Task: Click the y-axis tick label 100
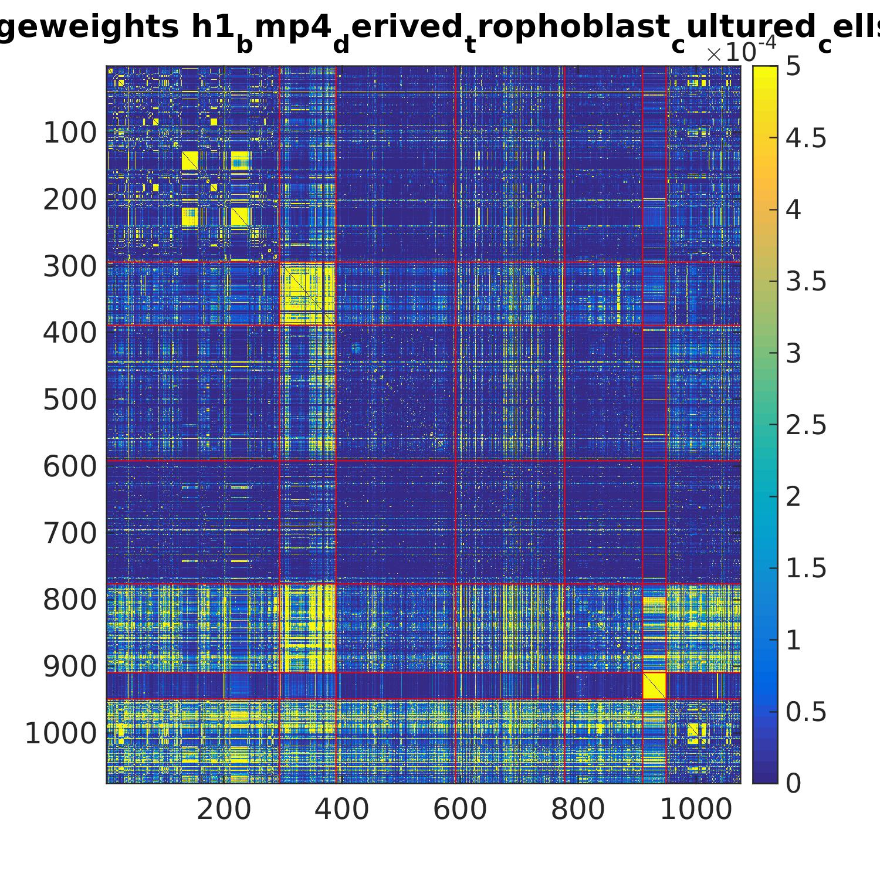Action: coord(70,134)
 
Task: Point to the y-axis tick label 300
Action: coord(70,267)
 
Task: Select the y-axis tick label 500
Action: coord(70,400)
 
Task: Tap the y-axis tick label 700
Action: coord(70,533)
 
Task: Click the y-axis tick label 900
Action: coord(70,666)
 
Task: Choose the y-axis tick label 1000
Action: coord(60,733)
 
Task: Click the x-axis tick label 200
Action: coord(224,810)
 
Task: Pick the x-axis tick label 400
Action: coord(341,810)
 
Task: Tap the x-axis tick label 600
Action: coord(460,810)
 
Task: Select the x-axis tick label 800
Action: coord(578,810)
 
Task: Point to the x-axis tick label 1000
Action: coord(696,810)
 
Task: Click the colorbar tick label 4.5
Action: coord(806,138)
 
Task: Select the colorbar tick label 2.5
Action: coord(806,425)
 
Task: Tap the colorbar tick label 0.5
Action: coord(806,712)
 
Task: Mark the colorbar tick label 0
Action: coord(793,783)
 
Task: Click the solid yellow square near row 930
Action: coord(655,686)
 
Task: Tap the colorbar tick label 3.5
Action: coord(806,282)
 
